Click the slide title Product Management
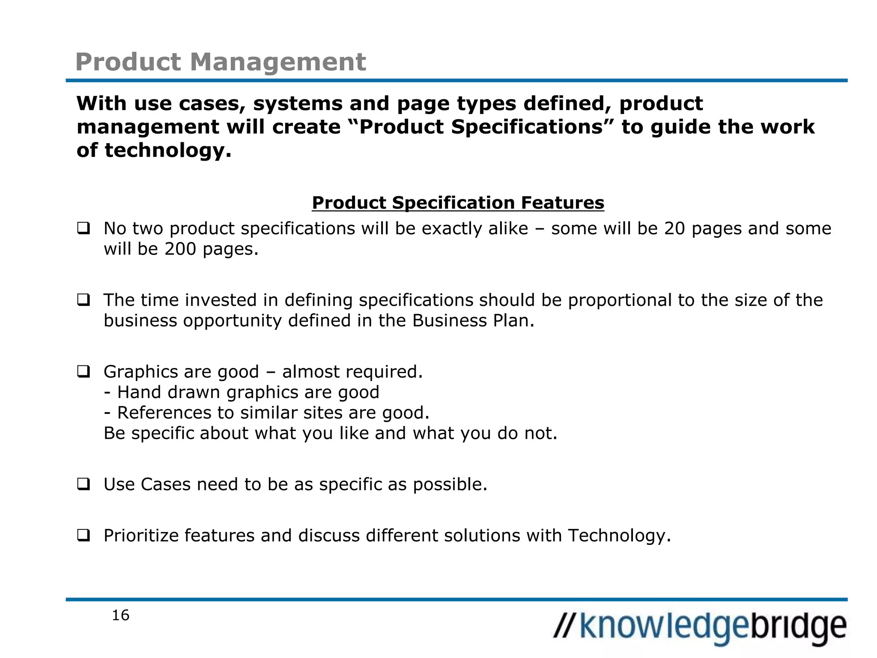click(x=221, y=62)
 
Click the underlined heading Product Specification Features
click(x=458, y=203)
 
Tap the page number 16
click(x=120, y=616)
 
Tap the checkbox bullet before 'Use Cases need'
click(x=84, y=484)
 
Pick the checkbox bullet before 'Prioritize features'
click(x=84, y=535)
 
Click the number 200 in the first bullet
click(x=180, y=249)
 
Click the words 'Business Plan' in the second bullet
click(x=473, y=320)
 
